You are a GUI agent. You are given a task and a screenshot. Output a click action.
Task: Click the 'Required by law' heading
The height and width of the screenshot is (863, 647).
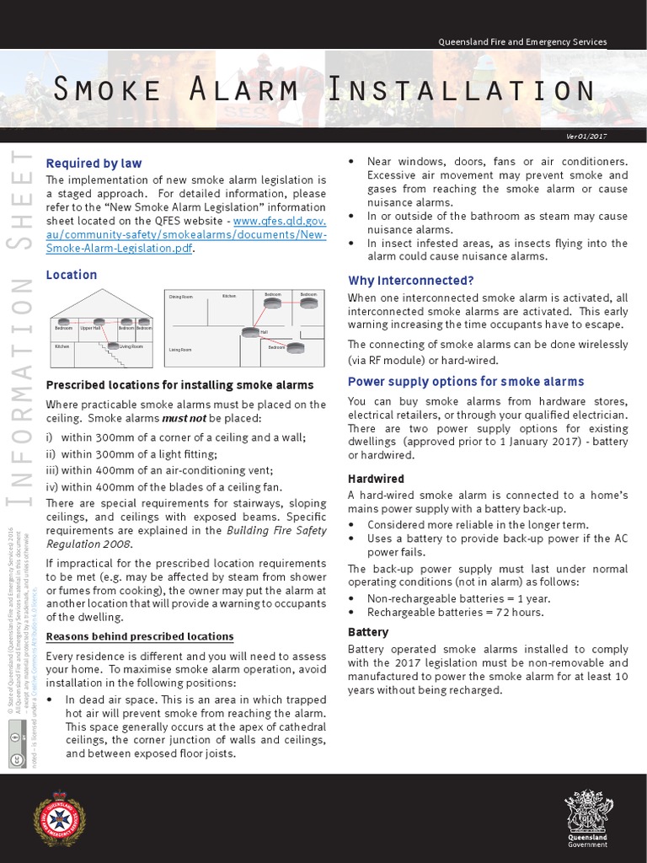[x=94, y=163]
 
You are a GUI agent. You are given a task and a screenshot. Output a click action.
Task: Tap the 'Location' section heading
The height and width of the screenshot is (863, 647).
[x=71, y=275]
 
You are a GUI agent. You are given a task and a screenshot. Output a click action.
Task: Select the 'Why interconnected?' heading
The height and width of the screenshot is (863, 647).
[x=411, y=280]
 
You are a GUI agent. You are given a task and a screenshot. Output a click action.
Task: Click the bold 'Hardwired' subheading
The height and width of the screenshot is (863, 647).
[x=376, y=479]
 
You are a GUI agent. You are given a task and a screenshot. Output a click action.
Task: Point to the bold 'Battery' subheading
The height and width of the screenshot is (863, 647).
[x=368, y=631]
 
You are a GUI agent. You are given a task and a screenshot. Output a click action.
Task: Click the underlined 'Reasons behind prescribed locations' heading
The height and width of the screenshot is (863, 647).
[x=139, y=636]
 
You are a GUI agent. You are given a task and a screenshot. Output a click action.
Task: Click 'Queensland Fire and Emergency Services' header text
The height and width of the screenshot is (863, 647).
[x=522, y=42]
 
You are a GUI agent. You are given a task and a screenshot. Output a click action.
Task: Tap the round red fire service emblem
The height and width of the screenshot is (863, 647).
[x=59, y=818]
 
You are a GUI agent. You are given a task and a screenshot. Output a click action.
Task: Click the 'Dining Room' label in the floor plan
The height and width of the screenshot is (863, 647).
[x=180, y=297]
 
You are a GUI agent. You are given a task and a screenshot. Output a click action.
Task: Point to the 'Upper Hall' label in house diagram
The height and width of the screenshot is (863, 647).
[x=89, y=327]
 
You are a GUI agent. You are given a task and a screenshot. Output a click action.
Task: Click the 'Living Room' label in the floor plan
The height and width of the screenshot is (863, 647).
[x=179, y=349]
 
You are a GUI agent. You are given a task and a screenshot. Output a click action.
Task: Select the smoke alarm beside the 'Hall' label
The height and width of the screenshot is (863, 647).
[x=249, y=332]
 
